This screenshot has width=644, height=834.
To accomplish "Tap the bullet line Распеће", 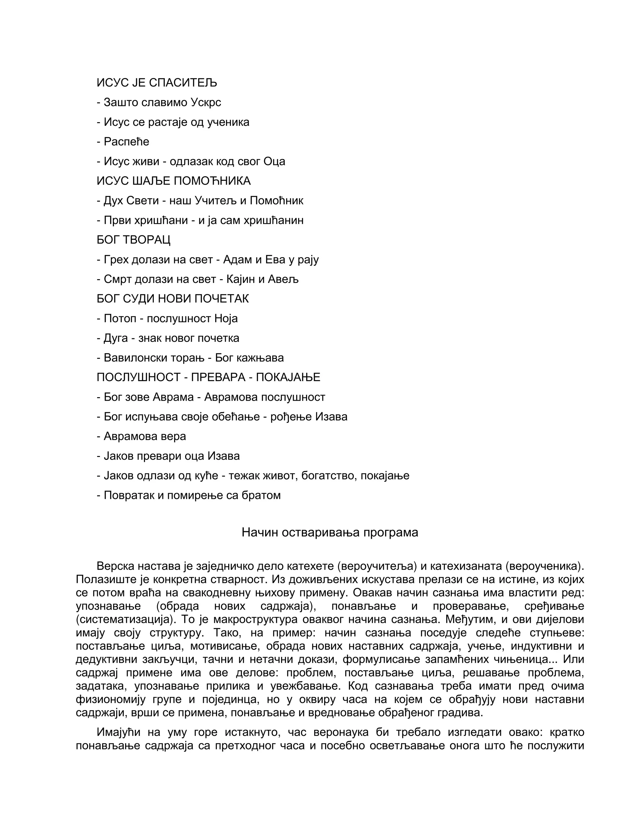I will pyautogui.click(x=123, y=142).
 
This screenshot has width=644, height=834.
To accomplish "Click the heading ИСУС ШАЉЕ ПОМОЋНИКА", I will pyautogui.click(x=174, y=181).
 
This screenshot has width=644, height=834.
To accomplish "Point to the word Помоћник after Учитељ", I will pyautogui.click(x=277, y=200).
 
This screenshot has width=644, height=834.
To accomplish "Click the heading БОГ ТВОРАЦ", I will pyautogui.click(x=134, y=240).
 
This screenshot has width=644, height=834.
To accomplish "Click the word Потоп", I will pyautogui.click(x=120, y=318).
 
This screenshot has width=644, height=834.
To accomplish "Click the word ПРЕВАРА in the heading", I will pyautogui.click(x=218, y=377).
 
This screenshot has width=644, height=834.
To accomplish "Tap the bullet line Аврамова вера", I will pyautogui.click(x=141, y=436).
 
